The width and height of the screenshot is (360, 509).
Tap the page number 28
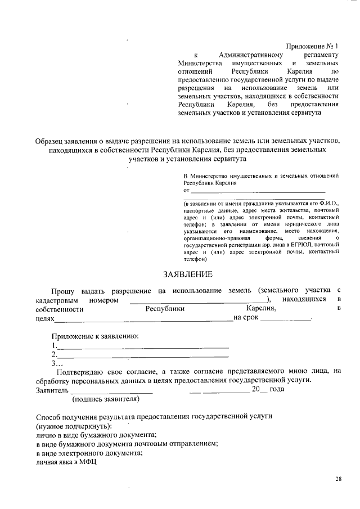338,479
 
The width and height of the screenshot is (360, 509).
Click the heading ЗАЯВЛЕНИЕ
187,274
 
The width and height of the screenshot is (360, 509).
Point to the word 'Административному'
250,55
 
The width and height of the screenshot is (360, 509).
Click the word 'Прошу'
63,290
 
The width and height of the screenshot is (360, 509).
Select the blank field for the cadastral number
199,300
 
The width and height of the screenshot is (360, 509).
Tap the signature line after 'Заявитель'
111,390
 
